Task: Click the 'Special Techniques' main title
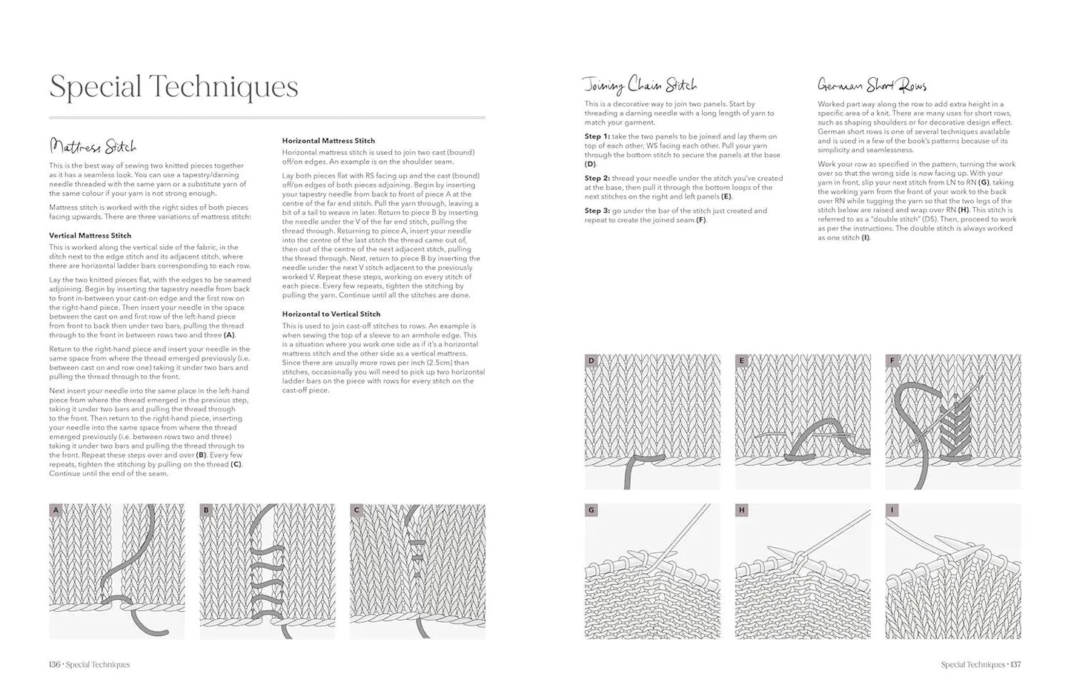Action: (173, 87)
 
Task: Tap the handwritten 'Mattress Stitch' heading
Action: (93, 145)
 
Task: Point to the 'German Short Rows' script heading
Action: (872, 85)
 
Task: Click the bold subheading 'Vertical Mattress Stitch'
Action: (90, 235)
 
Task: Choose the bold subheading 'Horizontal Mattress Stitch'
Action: (328, 140)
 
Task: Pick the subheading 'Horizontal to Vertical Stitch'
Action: (331, 314)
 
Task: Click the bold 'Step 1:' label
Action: (597, 136)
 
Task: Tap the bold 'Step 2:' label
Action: (597, 178)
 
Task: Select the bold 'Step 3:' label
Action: (597, 211)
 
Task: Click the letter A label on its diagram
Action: (56, 510)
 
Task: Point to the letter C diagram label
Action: (357, 510)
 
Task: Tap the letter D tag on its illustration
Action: (591, 361)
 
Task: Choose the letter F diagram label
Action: (892, 361)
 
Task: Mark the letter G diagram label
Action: (591, 510)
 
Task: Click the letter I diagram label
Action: (892, 510)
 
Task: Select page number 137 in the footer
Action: (1015, 664)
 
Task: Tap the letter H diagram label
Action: (741, 510)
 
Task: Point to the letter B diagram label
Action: (206, 510)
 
